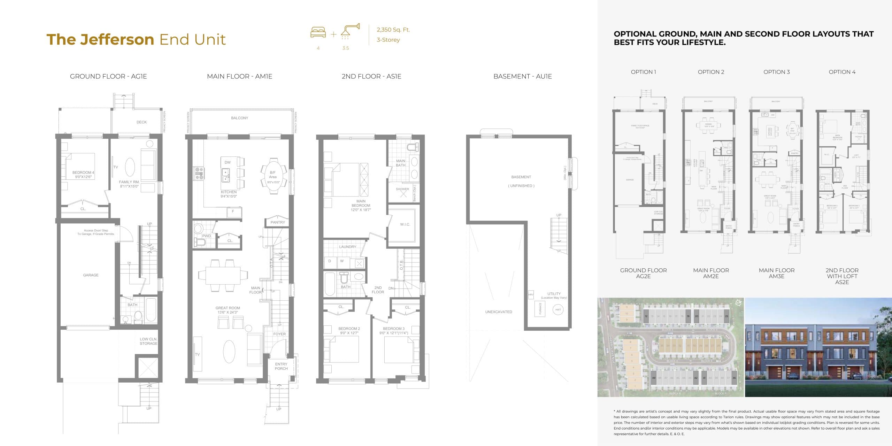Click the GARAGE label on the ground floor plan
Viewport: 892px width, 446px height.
point(91,275)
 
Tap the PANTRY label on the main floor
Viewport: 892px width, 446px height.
point(278,222)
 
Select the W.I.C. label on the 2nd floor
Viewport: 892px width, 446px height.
point(405,224)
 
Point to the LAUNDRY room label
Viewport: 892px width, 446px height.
point(347,247)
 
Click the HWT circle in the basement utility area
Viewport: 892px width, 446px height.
point(558,310)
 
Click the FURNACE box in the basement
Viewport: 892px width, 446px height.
point(540,309)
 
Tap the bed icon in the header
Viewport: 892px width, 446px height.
point(318,33)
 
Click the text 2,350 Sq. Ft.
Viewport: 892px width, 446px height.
point(393,30)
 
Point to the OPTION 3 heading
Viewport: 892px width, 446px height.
point(776,72)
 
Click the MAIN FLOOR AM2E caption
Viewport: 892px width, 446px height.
point(711,273)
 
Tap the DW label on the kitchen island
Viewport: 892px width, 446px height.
point(228,162)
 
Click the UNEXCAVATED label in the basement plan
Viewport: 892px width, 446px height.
point(499,312)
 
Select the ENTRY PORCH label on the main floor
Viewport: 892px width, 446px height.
point(281,366)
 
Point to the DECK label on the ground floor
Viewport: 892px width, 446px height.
point(141,122)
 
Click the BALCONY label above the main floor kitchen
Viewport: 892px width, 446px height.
point(240,118)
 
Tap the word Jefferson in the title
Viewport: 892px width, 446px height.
point(117,39)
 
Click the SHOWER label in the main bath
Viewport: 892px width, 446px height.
point(402,189)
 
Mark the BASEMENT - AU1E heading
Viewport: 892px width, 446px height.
point(522,76)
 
